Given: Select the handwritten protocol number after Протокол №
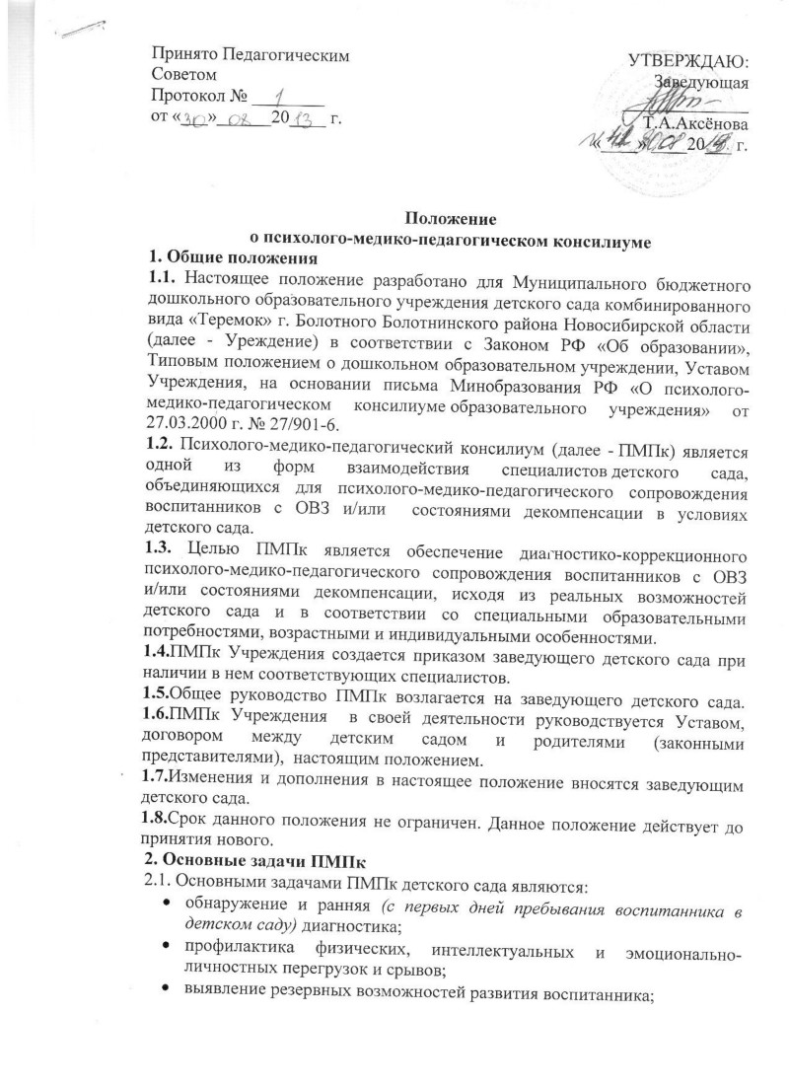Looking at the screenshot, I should (279, 95).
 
